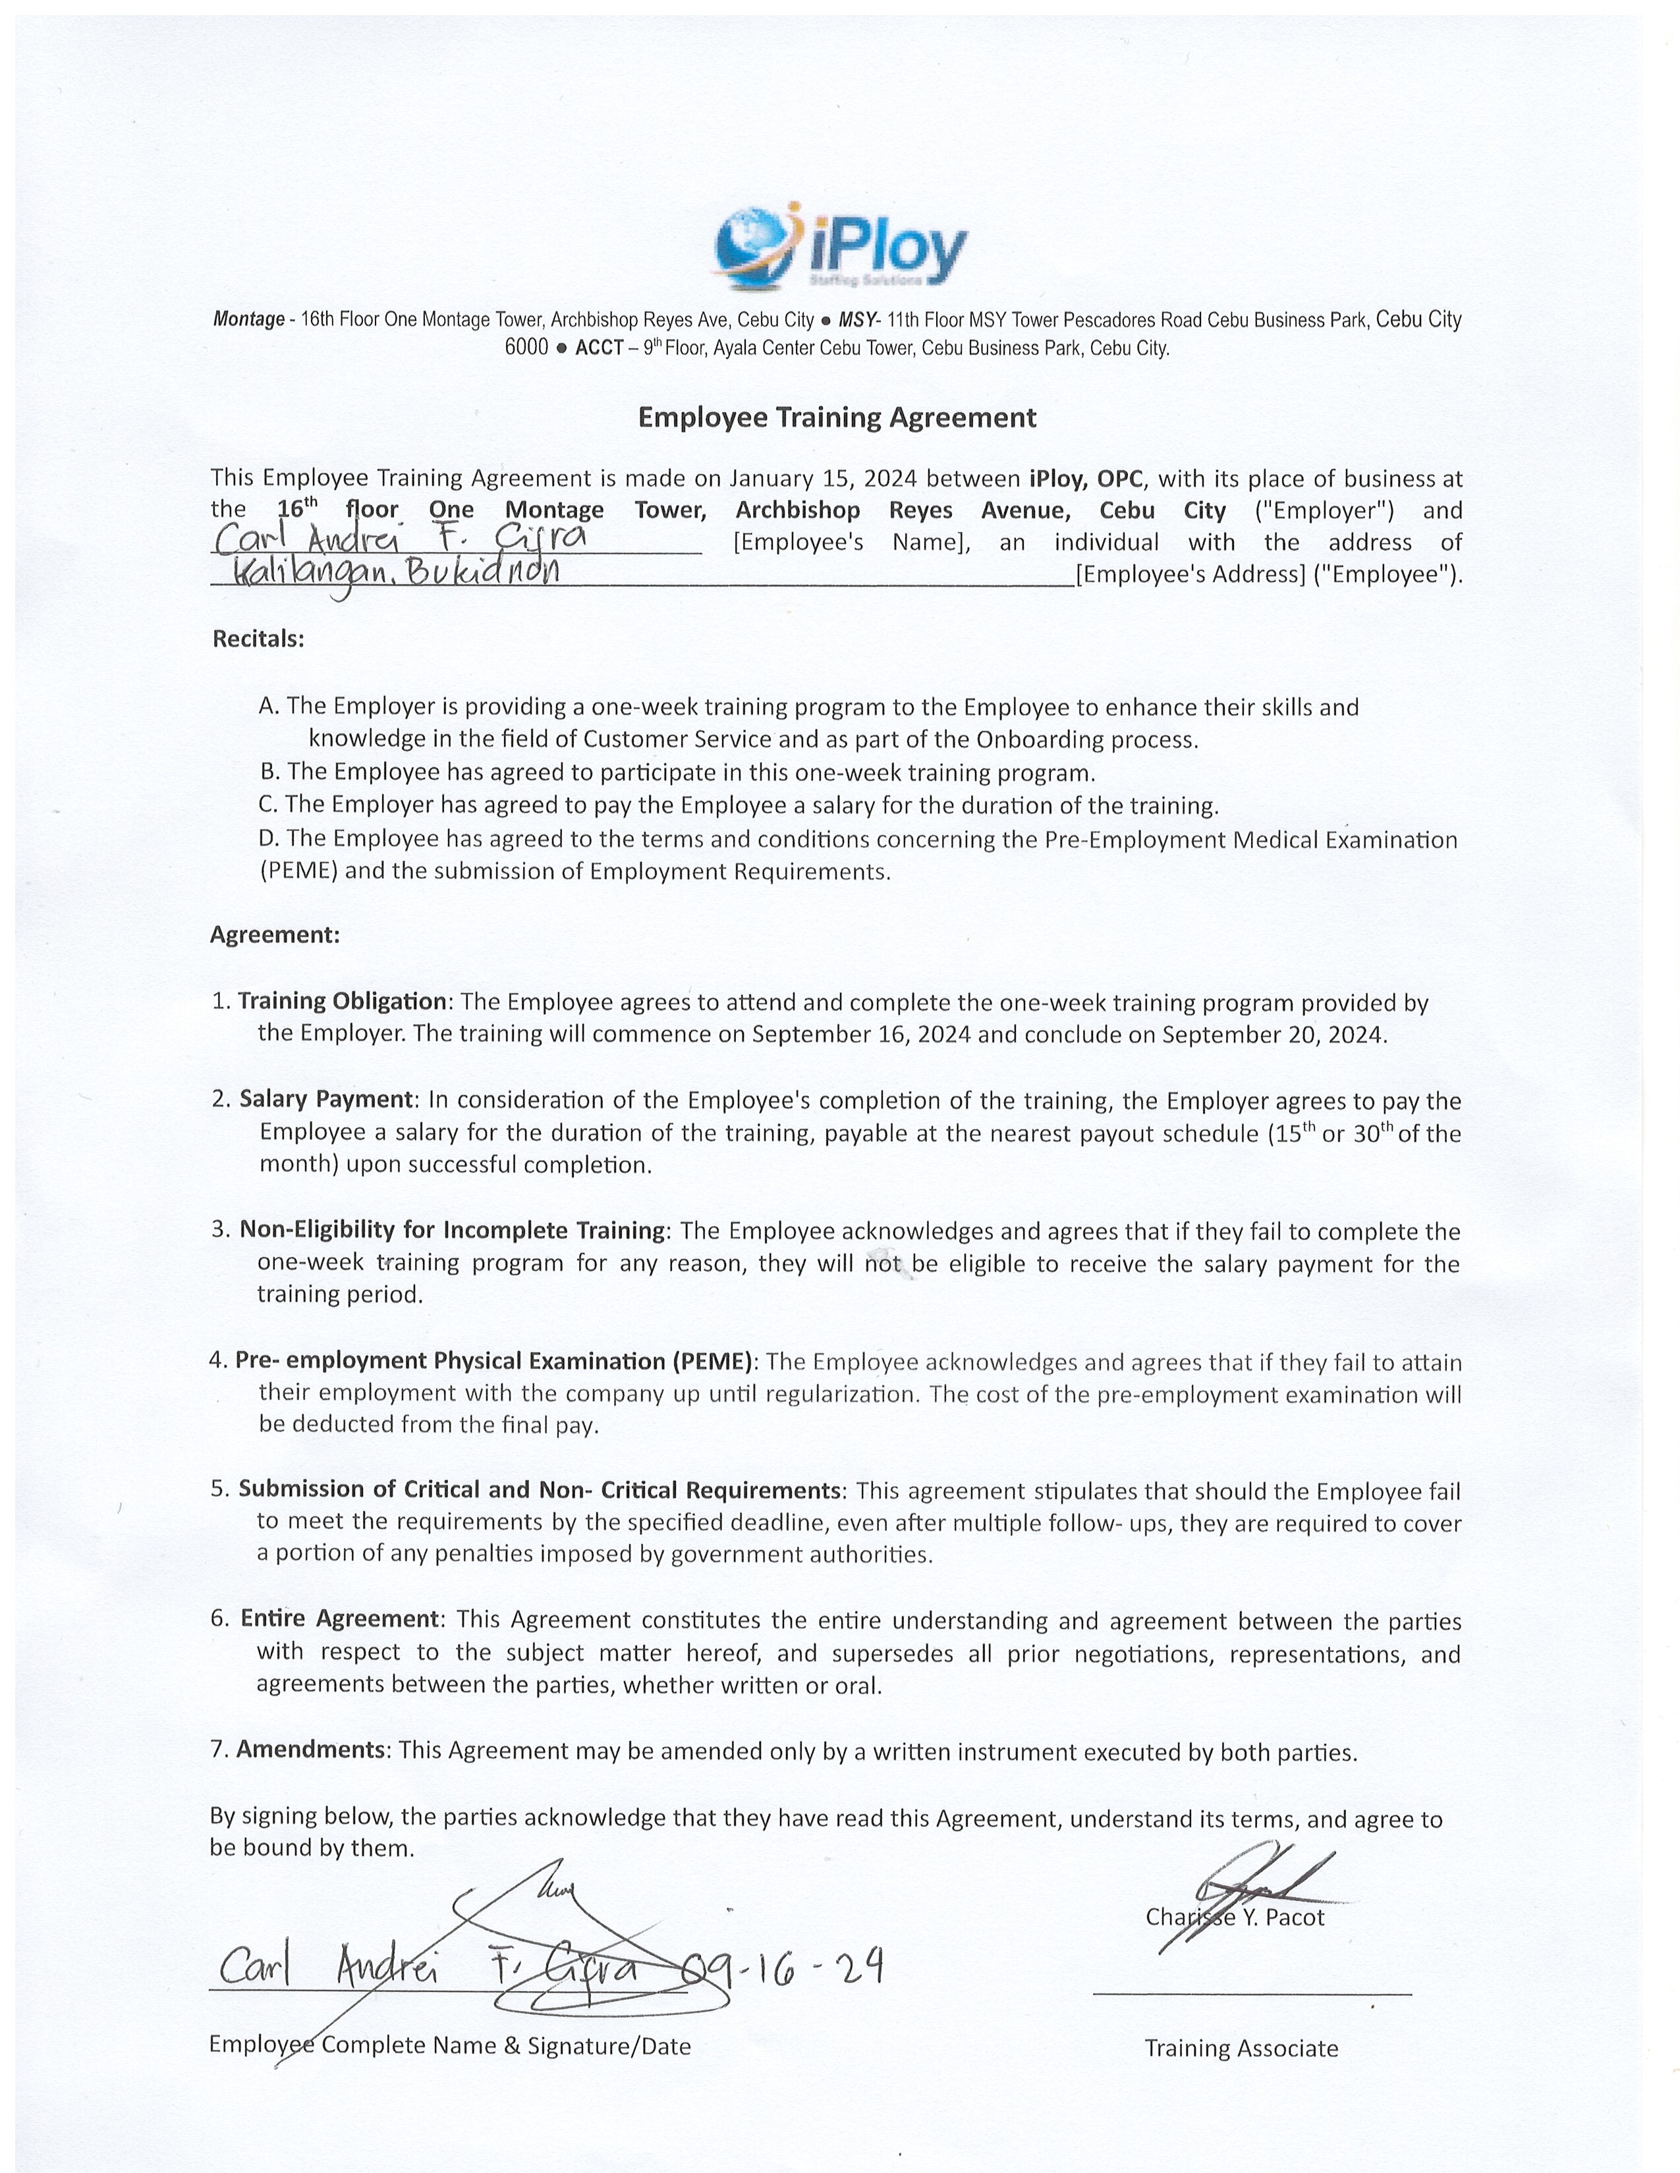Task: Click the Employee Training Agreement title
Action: pyautogui.click(x=836, y=418)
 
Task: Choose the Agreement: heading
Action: pyautogui.click(x=275, y=935)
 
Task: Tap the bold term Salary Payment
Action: pyautogui.click(x=325, y=1100)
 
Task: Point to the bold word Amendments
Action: pyautogui.click(x=310, y=1750)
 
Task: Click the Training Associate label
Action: pyautogui.click(x=1241, y=2049)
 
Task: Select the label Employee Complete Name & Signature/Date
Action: pyautogui.click(x=450, y=2046)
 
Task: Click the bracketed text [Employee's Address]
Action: pyautogui.click(x=1190, y=575)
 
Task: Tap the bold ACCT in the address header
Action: pyautogui.click(x=598, y=349)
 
